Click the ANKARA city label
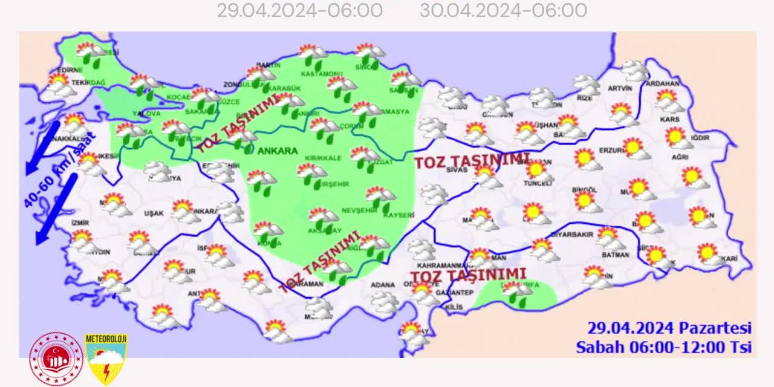pyautogui.click(x=278, y=151)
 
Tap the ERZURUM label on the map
pyautogui.click(x=611, y=149)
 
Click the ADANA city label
pyautogui.click(x=382, y=285)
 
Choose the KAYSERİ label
pyautogui.click(x=398, y=215)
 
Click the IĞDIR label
pyautogui.click(x=700, y=137)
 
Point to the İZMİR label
pyautogui.click(x=80, y=222)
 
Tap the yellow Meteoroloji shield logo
pyautogui.click(x=106, y=358)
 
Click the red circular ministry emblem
pyautogui.click(x=56, y=358)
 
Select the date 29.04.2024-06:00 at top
pyautogui.click(x=299, y=10)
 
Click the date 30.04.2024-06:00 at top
pyautogui.click(x=503, y=10)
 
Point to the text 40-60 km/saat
pyautogui.click(x=59, y=171)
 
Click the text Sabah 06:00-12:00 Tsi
pyautogui.click(x=663, y=347)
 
